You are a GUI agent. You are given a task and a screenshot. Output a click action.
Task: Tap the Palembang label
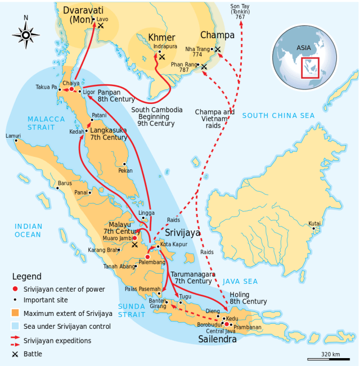click(x=152, y=263)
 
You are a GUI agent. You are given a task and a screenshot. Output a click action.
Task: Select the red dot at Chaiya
click(x=71, y=89)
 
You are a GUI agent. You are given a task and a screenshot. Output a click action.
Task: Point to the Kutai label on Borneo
click(x=315, y=223)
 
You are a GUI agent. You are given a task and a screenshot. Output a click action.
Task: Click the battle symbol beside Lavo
click(x=101, y=26)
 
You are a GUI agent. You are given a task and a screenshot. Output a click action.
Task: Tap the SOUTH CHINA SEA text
click(x=278, y=116)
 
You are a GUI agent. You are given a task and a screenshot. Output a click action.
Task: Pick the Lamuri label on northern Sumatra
click(x=13, y=135)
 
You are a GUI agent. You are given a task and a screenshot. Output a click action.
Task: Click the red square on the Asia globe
click(x=309, y=68)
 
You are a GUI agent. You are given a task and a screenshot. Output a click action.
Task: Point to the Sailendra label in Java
click(x=217, y=338)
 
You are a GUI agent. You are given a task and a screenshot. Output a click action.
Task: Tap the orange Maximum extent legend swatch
click(x=15, y=313)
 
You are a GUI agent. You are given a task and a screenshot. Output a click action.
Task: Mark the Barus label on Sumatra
click(x=64, y=183)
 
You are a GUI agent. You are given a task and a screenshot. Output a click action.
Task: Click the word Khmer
click(x=162, y=38)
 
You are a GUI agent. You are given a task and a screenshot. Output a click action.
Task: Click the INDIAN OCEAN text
click(x=28, y=231)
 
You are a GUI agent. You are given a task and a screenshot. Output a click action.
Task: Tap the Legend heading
click(x=27, y=277)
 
